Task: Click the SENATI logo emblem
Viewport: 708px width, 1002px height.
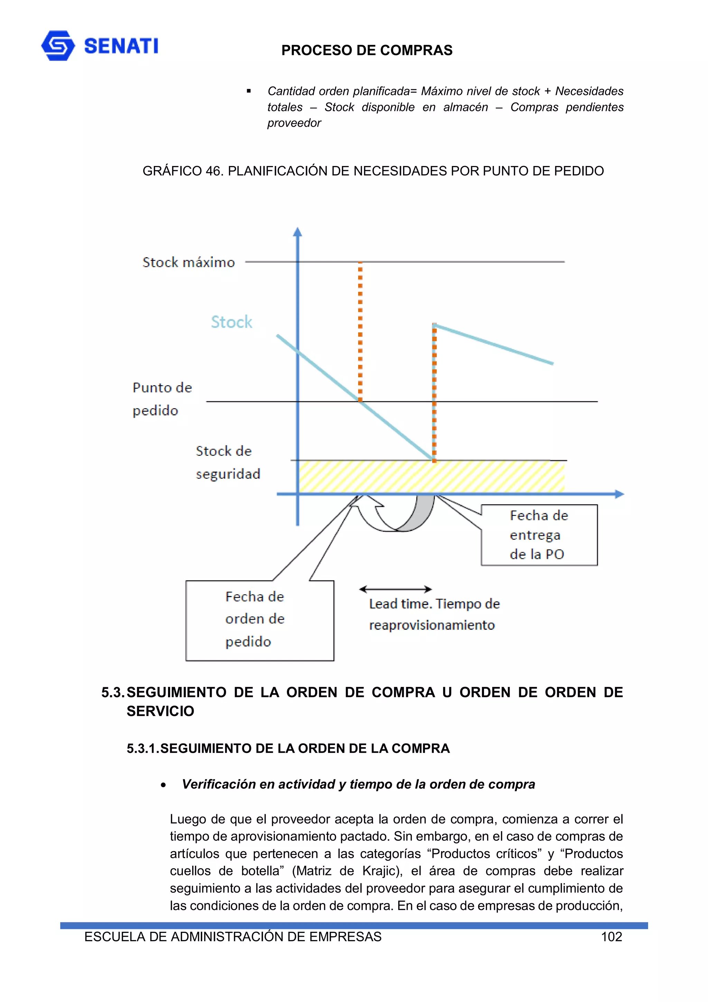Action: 58,45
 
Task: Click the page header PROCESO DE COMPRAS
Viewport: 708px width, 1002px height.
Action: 366,50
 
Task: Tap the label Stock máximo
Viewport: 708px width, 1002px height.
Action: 188,262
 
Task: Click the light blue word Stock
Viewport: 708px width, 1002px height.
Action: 231,322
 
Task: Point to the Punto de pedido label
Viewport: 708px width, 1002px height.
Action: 161,398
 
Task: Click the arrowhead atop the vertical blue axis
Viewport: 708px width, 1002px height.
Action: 298,232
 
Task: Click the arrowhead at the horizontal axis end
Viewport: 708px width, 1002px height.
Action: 619,494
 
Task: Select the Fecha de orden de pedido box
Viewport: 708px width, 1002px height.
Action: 260,620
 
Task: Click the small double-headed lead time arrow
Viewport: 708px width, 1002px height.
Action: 395,589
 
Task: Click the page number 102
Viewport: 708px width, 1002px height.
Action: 611,937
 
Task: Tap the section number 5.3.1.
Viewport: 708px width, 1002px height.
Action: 143,748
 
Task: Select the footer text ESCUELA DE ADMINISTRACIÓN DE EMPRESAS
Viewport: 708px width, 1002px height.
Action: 233,937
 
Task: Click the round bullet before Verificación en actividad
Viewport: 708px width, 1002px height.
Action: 163,785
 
